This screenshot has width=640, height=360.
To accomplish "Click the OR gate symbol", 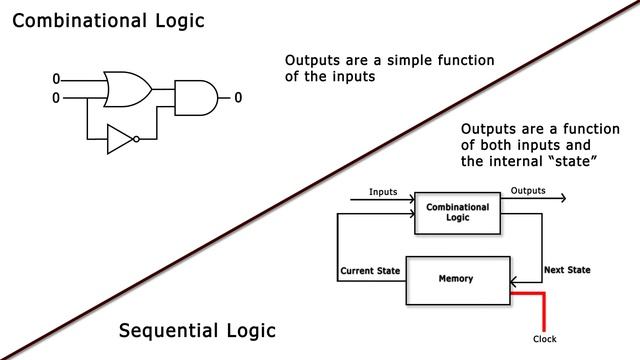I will pyautogui.click(x=126, y=88).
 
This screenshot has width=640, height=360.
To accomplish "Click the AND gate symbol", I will pyautogui.click(x=195, y=97).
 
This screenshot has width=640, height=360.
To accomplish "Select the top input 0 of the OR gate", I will pyautogui.click(x=56, y=79).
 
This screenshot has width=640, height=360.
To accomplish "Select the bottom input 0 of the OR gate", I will pyautogui.click(x=56, y=97).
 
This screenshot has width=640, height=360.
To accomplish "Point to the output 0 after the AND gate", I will pyautogui.click(x=238, y=97).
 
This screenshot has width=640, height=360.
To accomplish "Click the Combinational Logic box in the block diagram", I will pyautogui.click(x=457, y=211).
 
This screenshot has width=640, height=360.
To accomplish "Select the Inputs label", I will pyautogui.click(x=384, y=191).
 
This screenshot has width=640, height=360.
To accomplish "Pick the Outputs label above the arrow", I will pyautogui.click(x=528, y=191).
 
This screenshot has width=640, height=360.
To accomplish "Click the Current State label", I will pyautogui.click(x=370, y=270).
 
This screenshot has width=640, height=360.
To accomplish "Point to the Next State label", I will pyautogui.click(x=565, y=270).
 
